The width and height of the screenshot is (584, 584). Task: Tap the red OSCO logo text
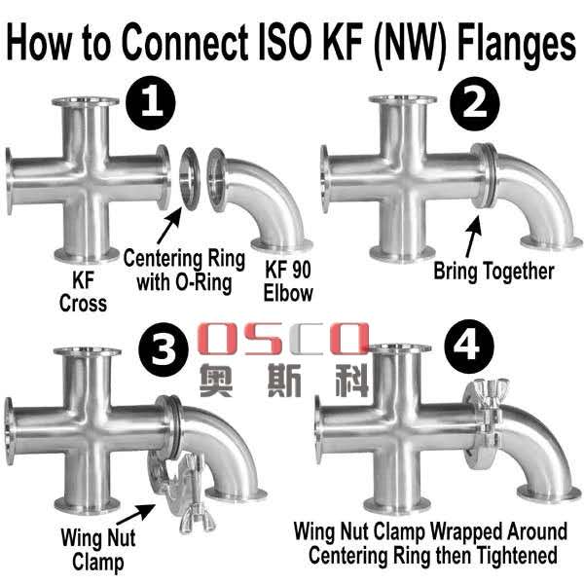point(282,340)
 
